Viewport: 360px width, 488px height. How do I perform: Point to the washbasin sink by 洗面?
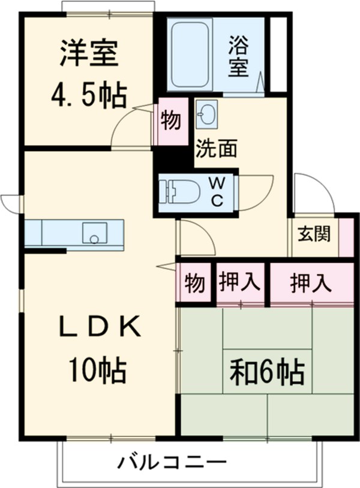point(206,114)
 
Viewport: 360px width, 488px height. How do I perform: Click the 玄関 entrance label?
point(313,234)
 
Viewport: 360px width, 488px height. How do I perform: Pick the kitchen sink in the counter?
point(94,233)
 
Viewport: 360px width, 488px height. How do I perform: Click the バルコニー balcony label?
point(172,462)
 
